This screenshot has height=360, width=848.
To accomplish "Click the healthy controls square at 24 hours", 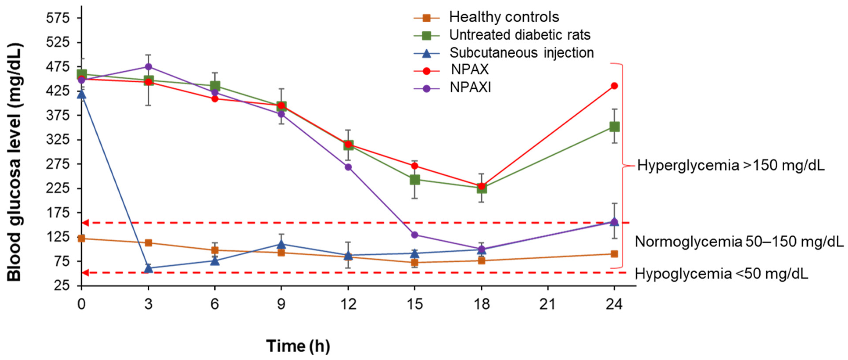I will tap(614, 254).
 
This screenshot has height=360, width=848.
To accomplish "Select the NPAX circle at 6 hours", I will tap(215, 99).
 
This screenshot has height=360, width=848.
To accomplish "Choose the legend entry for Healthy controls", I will tap(504, 17).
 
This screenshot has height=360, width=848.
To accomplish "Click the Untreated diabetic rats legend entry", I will tap(519, 35).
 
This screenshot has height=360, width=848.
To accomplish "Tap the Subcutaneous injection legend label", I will tap(521, 53).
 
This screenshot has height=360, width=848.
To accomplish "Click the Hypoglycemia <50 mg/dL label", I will tap(721, 274).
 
